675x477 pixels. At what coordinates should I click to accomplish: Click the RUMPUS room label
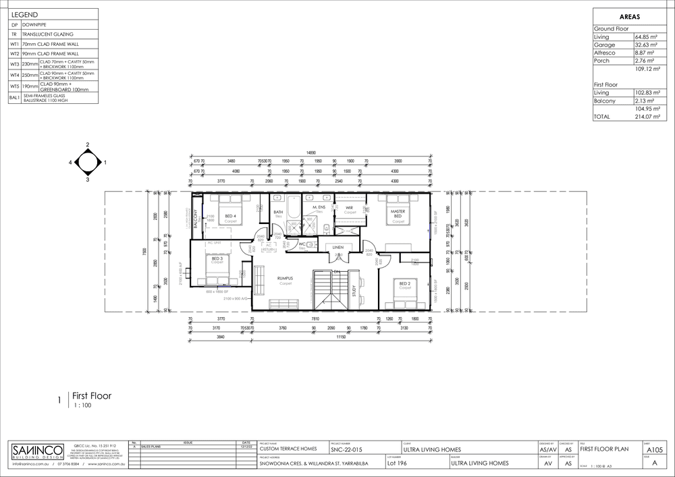tap(279, 277)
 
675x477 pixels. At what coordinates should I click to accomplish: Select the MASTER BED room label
tap(398, 214)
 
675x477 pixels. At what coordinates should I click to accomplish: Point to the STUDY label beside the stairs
tap(354, 291)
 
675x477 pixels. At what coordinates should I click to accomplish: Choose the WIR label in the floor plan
tap(350, 207)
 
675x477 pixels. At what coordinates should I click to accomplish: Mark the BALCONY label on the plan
tap(196, 220)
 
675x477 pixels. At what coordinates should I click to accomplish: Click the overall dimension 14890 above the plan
tap(310, 153)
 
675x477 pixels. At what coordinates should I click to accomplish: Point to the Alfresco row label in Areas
tap(604, 53)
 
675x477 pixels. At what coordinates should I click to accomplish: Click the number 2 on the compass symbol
tap(88, 144)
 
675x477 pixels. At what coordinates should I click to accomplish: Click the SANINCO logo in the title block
tap(37, 451)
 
